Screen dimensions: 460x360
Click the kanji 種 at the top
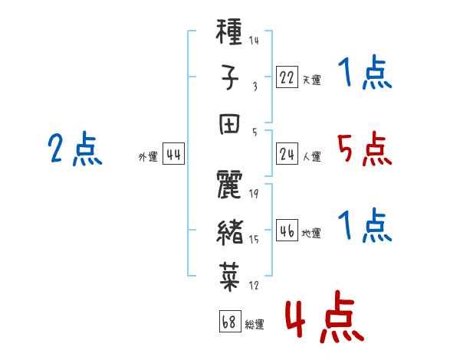pyautogui.click(x=228, y=31)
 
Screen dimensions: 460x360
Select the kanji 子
pyautogui.click(x=229, y=77)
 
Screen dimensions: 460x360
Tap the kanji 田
pyautogui.click(x=229, y=124)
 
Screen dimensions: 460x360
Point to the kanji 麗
pyautogui.click(x=229, y=185)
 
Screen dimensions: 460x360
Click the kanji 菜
pyautogui.click(x=230, y=277)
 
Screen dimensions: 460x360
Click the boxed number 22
pyautogui.click(x=287, y=77)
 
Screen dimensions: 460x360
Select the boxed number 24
pyautogui.click(x=287, y=154)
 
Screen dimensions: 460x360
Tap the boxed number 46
pyautogui.click(x=287, y=230)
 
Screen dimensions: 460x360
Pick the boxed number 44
pyautogui.click(x=173, y=154)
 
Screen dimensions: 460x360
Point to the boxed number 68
pyautogui.click(x=230, y=321)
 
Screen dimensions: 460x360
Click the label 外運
pyautogui.click(x=148, y=156)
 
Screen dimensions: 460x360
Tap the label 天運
pyautogui.click(x=312, y=80)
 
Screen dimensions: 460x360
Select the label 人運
pyautogui.click(x=312, y=156)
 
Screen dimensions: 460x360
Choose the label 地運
pyautogui.click(x=311, y=233)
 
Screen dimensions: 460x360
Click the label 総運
pyautogui.click(x=255, y=324)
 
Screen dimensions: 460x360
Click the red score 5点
pyautogui.click(x=364, y=149)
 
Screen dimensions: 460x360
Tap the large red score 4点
pyautogui.click(x=324, y=316)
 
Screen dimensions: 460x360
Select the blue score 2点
pyautogui.click(x=75, y=149)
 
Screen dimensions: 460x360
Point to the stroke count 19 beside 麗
pyautogui.click(x=254, y=194)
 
